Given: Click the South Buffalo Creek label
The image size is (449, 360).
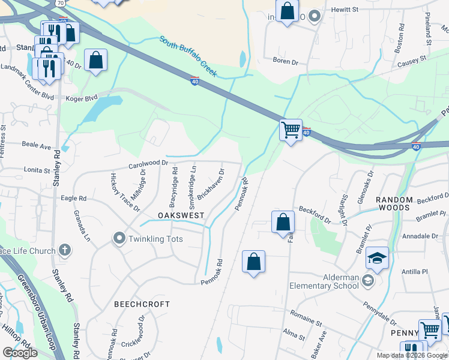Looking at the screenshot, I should click(188, 57).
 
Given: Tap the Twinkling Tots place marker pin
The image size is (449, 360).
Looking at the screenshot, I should click(119, 239).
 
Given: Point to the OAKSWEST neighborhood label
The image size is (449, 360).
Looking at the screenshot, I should click(181, 215).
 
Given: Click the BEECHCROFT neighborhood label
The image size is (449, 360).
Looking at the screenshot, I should click(142, 304).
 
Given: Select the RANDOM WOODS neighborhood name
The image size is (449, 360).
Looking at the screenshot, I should click(394, 203).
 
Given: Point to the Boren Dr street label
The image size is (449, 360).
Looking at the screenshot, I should click(286, 61).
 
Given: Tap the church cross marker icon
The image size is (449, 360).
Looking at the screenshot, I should click(65, 250).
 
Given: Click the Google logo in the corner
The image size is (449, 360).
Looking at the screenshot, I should click(20, 353).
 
